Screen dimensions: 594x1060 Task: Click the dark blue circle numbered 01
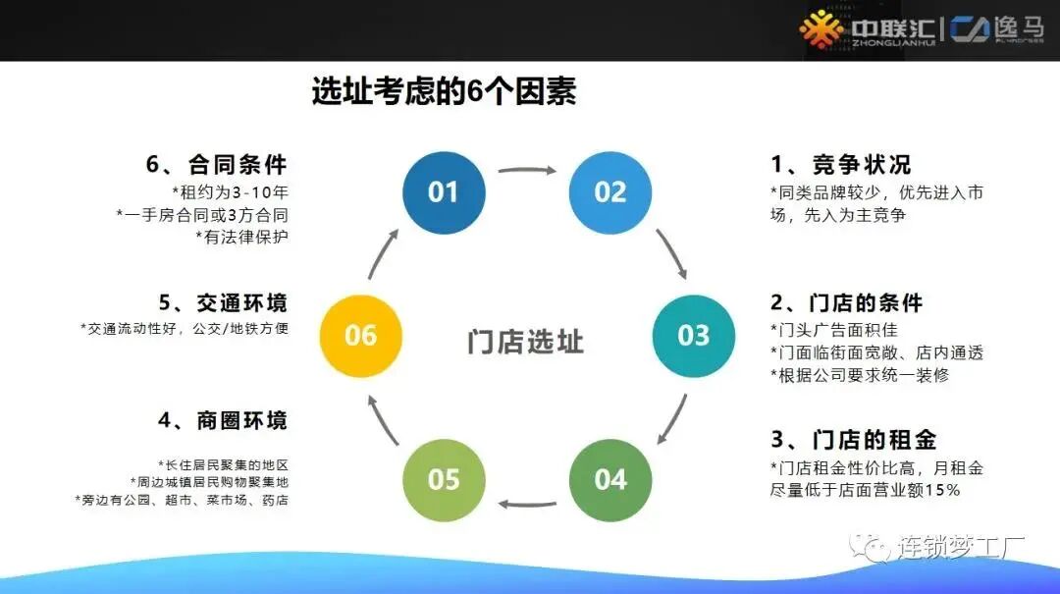444,192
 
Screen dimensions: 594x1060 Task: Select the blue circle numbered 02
610,192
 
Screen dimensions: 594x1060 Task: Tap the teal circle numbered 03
693,335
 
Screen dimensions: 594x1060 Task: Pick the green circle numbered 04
610,479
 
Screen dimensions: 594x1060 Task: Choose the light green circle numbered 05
444,479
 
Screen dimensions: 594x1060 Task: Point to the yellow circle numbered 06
360,335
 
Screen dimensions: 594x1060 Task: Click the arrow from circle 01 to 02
527,170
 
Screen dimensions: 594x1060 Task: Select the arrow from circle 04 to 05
527,505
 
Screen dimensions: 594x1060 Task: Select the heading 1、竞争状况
841,164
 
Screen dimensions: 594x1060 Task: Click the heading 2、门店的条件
847,301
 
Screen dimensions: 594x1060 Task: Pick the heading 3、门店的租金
847,439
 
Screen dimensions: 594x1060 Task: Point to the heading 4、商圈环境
223,421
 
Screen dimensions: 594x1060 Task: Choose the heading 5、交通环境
223,301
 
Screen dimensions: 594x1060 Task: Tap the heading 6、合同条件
217,164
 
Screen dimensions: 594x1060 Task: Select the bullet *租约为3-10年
230,191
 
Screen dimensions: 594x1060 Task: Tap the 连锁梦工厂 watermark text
947,547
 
